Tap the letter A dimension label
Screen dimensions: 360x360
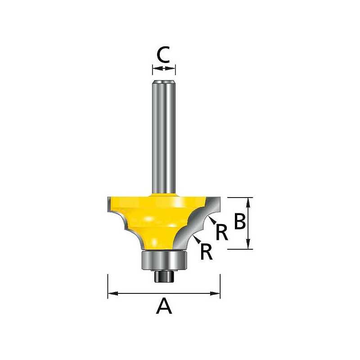tap(164, 306)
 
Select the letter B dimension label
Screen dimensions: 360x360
tap(240, 221)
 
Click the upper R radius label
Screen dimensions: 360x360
tap(222, 232)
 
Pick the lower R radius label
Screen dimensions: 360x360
tap(206, 252)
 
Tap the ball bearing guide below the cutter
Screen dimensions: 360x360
tap(164, 261)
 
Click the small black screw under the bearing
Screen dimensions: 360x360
tap(164, 276)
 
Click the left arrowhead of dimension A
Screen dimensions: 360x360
tap(113, 293)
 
